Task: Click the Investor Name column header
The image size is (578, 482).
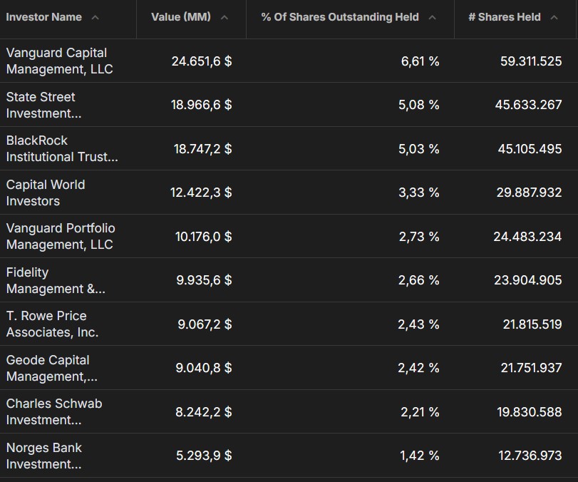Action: [x=44, y=17]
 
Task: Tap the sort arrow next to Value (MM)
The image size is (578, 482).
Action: [x=224, y=17]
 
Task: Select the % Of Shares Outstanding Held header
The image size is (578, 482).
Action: [x=340, y=17]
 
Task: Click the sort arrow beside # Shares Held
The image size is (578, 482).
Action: [x=554, y=17]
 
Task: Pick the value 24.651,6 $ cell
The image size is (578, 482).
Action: [x=202, y=61]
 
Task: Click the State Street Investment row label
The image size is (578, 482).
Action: [x=44, y=105]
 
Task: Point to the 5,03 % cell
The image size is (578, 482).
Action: [x=419, y=148]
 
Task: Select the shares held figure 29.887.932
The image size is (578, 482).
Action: [x=529, y=192]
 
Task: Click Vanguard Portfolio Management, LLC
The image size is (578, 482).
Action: [x=61, y=236]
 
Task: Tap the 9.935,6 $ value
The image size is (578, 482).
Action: [x=204, y=280]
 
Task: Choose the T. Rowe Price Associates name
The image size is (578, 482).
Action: [x=52, y=324]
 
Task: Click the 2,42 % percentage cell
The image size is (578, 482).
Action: [x=418, y=368]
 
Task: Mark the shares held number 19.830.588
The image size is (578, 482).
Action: [x=530, y=411]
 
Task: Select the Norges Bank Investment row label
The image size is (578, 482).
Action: [x=44, y=456]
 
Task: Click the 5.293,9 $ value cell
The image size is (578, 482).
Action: [x=204, y=456]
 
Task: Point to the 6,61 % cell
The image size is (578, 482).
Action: [x=420, y=61]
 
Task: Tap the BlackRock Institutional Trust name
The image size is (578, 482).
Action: [x=62, y=148]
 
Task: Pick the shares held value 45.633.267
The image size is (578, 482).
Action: [x=528, y=105]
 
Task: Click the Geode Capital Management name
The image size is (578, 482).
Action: [x=51, y=368]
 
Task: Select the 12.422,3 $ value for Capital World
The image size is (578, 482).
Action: [x=201, y=192]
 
